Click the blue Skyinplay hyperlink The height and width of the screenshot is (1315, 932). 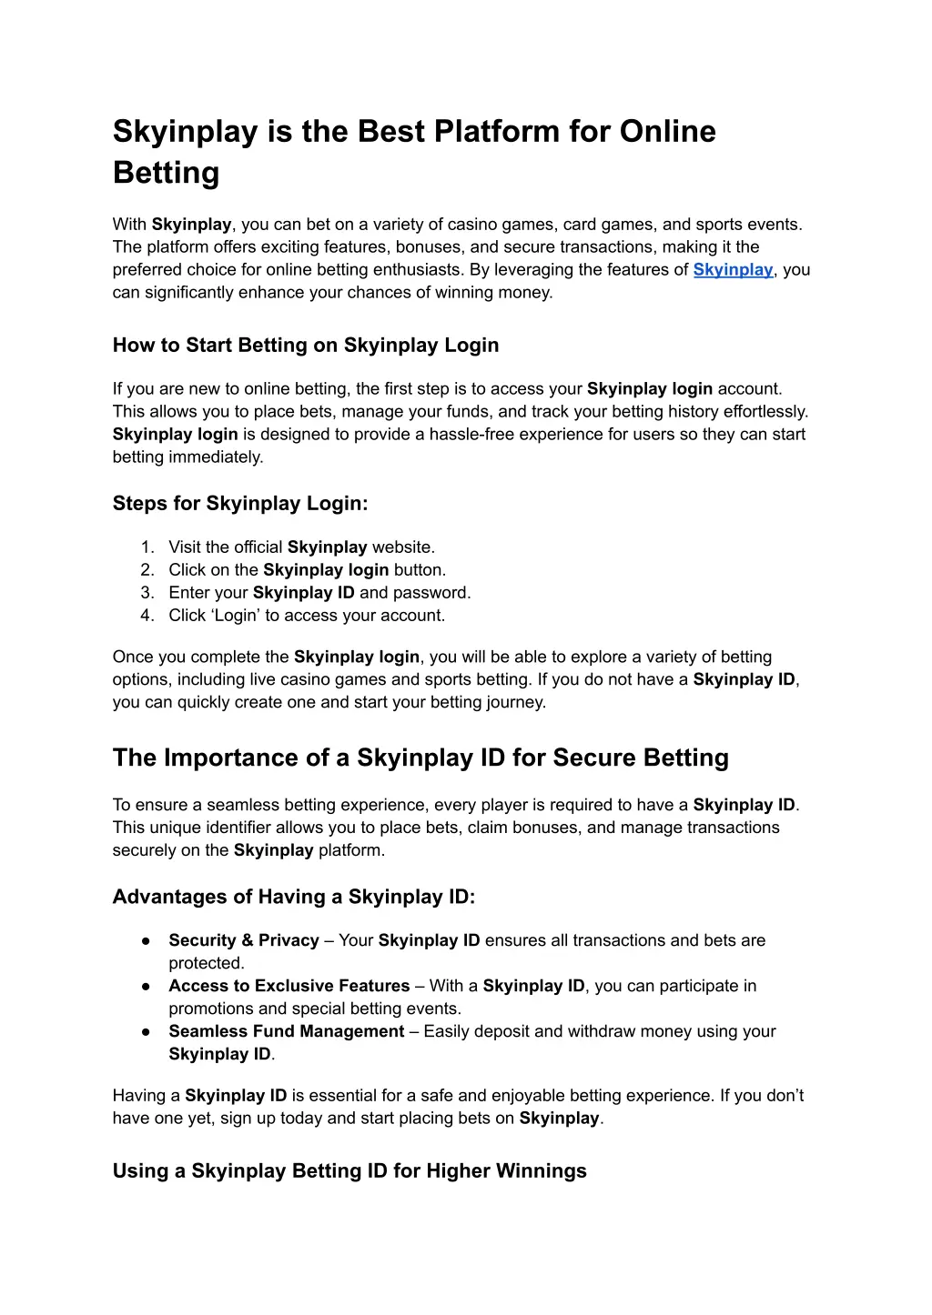[733, 270]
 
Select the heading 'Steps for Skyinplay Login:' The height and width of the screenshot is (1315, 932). [240, 504]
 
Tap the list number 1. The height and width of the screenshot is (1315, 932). [147, 547]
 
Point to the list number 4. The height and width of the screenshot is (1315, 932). [147, 616]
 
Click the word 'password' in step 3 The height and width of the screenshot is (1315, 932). [431, 593]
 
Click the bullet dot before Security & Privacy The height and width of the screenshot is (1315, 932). [146, 941]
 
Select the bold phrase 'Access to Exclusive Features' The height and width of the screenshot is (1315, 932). [289, 987]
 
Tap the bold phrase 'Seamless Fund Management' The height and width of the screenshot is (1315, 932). [286, 1032]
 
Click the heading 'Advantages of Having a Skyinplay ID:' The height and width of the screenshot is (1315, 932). [294, 898]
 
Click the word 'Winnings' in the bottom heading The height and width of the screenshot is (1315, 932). [541, 1171]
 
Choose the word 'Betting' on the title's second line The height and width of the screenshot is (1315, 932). [167, 174]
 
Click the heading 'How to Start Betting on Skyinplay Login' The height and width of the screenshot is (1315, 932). [306, 346]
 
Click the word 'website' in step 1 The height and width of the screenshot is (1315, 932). [402, 547]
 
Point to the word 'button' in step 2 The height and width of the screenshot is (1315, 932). [419, 570]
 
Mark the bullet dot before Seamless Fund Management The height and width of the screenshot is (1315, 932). [146, 1032]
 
